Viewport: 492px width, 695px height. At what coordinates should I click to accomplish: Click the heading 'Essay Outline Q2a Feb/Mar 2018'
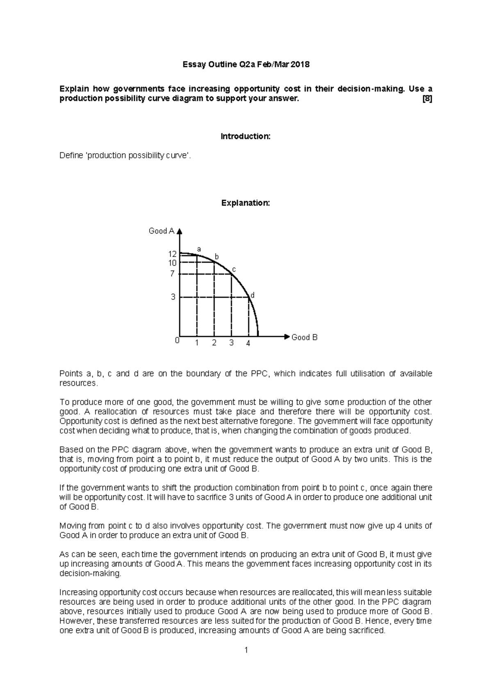coord(246,64)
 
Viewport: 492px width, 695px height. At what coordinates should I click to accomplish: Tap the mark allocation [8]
coord(427,99)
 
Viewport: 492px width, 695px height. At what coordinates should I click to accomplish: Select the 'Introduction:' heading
coord(246,136)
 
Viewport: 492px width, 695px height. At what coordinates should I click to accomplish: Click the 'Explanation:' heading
coord(246,203)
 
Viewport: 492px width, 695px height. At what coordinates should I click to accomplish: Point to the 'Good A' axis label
coord(161,231)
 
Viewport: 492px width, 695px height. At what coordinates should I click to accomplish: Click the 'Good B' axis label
coord(304,337)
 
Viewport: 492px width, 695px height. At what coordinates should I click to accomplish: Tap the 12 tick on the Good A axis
coord(172,254)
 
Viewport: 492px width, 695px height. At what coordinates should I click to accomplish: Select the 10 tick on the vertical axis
coord(172,263)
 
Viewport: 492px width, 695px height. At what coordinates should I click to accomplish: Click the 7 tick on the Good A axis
coord(173,273)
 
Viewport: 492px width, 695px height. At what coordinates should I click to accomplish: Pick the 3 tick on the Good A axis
coord(173,297)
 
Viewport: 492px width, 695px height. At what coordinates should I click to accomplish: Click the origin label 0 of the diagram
coord(177,341)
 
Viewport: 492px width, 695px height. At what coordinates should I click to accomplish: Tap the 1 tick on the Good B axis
coord(197,343)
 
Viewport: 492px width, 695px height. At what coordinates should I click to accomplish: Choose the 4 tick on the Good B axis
coord(248,343)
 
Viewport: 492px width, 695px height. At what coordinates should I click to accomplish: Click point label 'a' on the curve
coord(199,249)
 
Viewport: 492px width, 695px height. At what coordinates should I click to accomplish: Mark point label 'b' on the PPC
coord(217,257)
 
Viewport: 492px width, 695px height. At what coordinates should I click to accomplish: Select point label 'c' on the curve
coord(234,269)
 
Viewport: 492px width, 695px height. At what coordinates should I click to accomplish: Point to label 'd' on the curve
coord(253,295)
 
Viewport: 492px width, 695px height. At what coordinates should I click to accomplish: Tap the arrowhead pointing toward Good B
coord(287,336)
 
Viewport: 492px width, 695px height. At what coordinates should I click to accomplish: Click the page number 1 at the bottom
coord(246,650)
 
